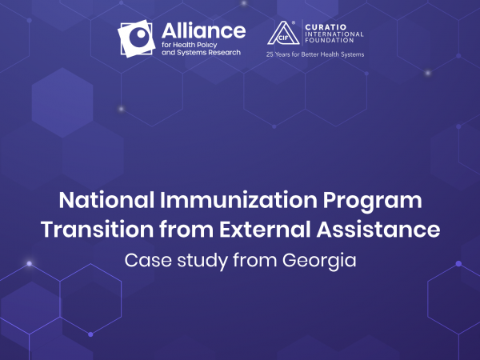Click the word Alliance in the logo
pyautogui.click(x=203, y=30)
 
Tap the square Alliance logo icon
pyautogui.click(x=137, y=38)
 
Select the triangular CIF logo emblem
pyautogui.click(x=283, y=33)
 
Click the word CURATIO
pyautogui.click(x=326, y=27)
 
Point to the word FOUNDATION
pyautogui.click(x=330, y=41)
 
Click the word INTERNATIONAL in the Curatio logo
pyautogui.click(x=334, y=34)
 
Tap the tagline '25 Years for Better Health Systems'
pyautogui.click(x=315, y=54)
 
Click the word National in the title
pyautogui.click(x=106, y=200)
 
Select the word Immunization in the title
pyautogui.click(x=238, y=200)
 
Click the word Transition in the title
pyautogui.click(x=97, y=230)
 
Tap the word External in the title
pyautogui.click(x=265, y=230)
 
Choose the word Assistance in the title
pyautogui.click(x=378, y=230)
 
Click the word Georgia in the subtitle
pyautogui.click(x=319, y=262)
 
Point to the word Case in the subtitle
pyautogui.click(x=148, y=260)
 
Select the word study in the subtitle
pyautogui.click(x=202, y=262)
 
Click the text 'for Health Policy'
pyautogui.click(x=189, y=45)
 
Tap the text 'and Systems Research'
pyautogui.click(x=201, y=53)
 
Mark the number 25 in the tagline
pyautogui.click(x=270, y=54)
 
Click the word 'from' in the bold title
pyautogui.click(x=186, y=230)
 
